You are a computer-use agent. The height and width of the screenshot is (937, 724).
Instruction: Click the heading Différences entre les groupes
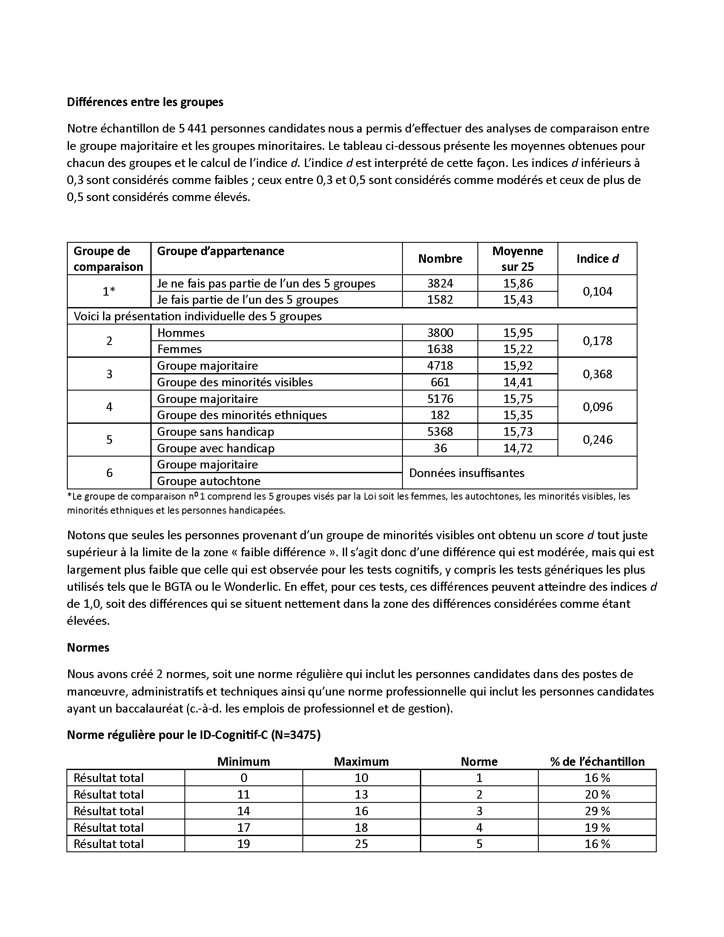coord(145,102)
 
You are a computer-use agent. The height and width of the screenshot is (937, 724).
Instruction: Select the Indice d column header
coord(597,259)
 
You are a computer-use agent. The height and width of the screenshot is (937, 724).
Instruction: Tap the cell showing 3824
coord(440,283)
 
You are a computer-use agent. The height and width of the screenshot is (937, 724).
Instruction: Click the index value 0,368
coord(597,374)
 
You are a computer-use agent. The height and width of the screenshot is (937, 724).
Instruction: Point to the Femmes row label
coord(179,349)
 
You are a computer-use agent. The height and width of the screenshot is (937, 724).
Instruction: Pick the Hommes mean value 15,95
coord(518,333)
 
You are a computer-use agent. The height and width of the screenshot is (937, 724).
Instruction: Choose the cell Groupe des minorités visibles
coord(235,382)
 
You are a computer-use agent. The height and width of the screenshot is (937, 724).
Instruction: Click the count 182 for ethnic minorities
coord(440,415)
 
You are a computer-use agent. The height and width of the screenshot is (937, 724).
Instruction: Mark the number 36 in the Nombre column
coord(440,448)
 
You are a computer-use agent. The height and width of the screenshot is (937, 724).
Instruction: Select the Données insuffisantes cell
coord(467,473)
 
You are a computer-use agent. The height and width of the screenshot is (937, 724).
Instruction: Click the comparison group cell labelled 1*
coord(109,291)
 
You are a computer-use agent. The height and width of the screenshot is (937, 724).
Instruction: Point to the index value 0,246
coord(597,440)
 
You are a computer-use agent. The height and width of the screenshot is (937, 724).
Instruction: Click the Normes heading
coord(88,647)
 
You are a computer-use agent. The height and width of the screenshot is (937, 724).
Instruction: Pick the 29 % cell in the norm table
coord(597,811)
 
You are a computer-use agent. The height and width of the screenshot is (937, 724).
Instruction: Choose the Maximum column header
coord(361,762)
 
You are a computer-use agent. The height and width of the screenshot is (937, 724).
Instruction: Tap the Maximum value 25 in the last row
coord(361,844)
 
